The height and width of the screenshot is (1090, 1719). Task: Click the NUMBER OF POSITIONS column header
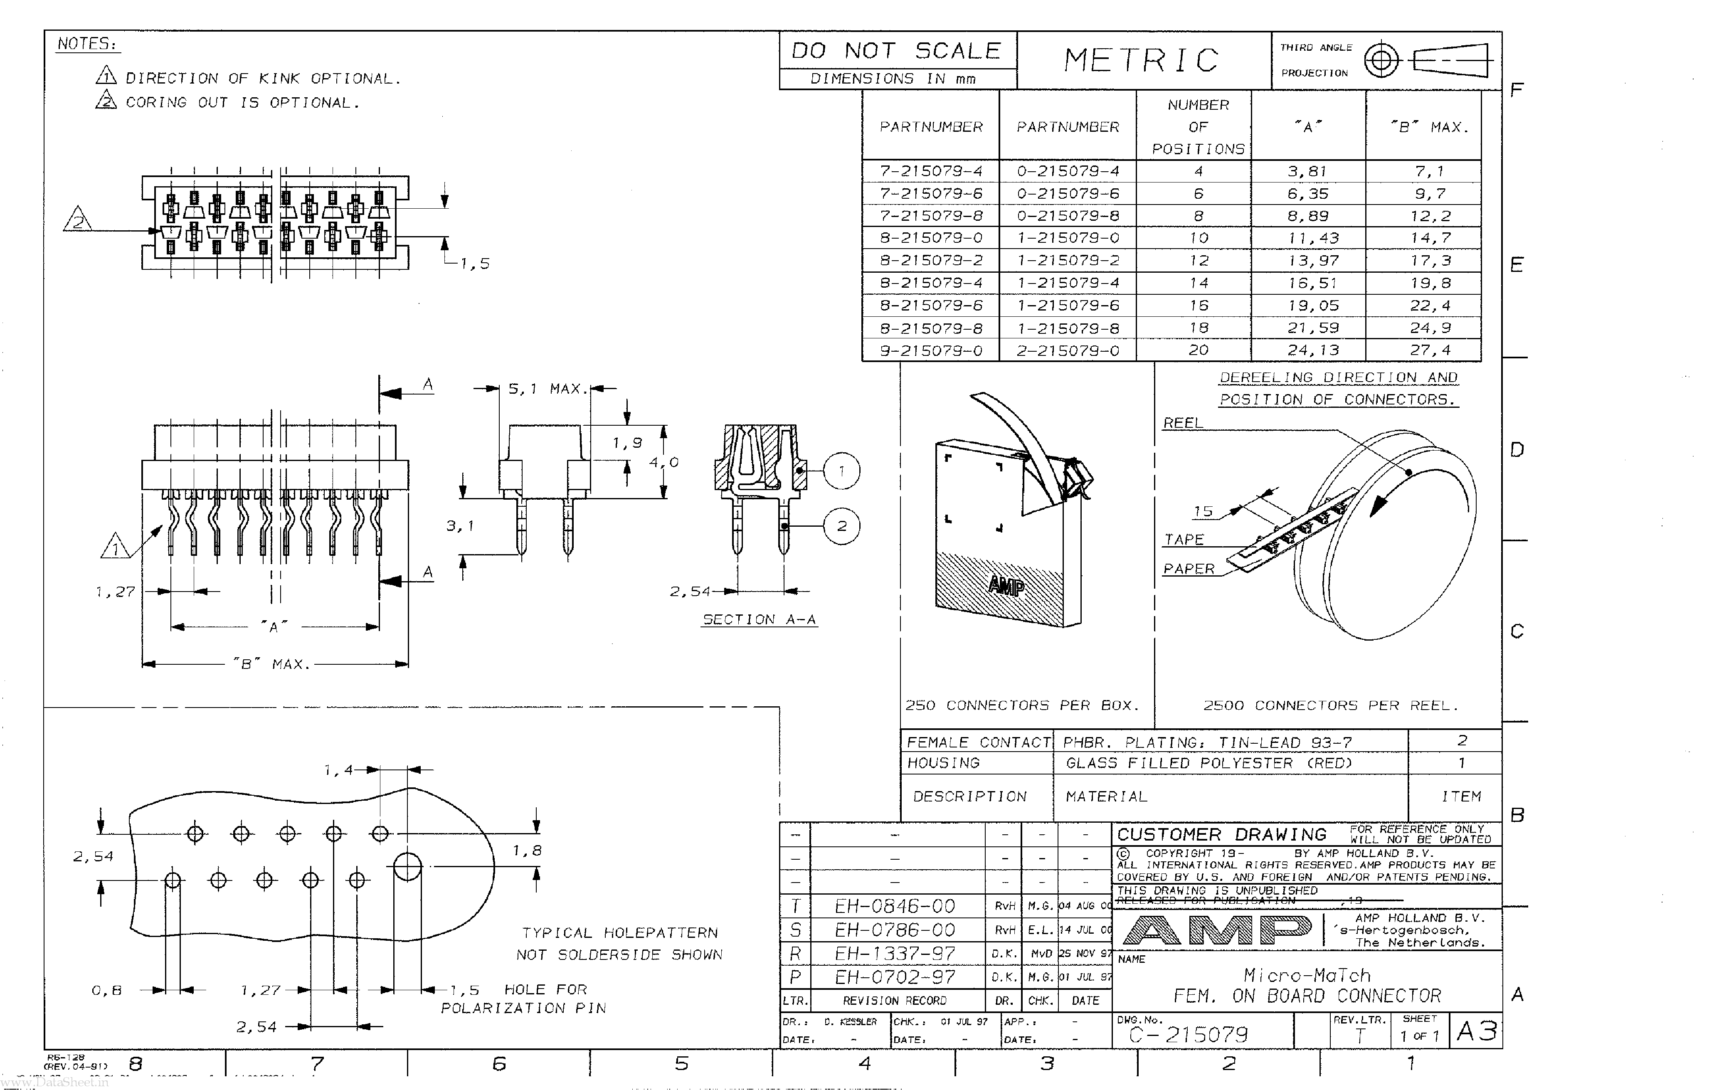pyautogui.click(x=1198, y=126)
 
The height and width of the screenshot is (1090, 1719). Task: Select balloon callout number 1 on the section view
pyautogui.click(x=842, y=471)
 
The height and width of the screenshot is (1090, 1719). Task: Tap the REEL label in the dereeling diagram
pyautogui.click(x=1183, y=423)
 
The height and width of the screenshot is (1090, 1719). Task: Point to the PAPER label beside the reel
pyautogui.click(x=1189, y=569)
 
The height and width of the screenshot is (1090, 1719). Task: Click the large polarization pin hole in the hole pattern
pyautogui.click(x=408, y=867)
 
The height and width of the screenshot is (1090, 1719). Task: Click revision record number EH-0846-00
pyautogui.click(x=895, y=906)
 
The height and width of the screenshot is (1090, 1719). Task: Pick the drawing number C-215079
pyautogui.click(x=1189, y=1034)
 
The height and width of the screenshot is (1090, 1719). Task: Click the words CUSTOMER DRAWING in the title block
pyautogui.click(x=1221, y=834)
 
